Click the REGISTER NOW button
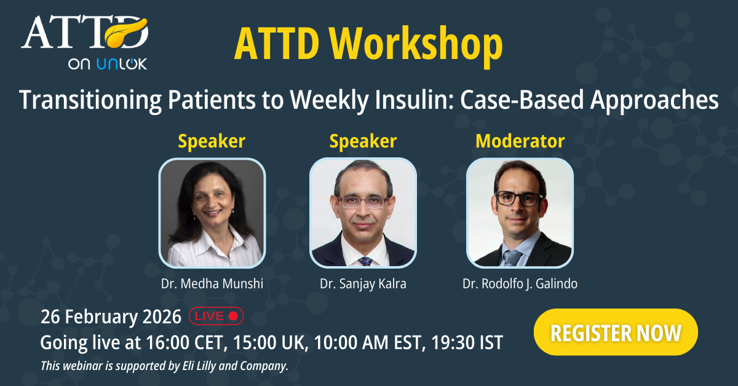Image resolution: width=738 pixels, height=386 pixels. click(616, 332)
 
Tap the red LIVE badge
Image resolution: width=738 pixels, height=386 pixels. click(216, 316)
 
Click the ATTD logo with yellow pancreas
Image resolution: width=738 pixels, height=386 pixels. click(85, 33)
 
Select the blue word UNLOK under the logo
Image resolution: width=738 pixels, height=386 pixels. click(122, 63)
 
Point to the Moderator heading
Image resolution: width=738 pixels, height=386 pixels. click(520, 141)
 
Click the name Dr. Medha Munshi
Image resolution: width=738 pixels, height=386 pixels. click(212, 283)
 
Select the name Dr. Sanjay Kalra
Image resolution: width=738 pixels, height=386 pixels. click(363, 283)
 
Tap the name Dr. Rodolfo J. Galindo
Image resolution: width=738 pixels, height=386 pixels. click(520, 283)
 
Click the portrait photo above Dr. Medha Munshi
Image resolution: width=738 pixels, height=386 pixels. click(212, 213)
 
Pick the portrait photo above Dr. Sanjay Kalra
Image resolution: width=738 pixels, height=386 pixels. click(363, 213)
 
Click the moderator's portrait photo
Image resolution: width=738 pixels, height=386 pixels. click(520, 213)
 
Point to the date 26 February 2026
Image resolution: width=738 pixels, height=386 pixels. click(111, 317)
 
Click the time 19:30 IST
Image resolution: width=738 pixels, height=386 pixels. click(467, 342)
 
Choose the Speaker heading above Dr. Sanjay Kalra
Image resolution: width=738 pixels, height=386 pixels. click(363, 141)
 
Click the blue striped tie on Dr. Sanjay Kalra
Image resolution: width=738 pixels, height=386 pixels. click(365, 261)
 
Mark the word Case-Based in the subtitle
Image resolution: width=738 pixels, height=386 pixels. click(522, 100)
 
